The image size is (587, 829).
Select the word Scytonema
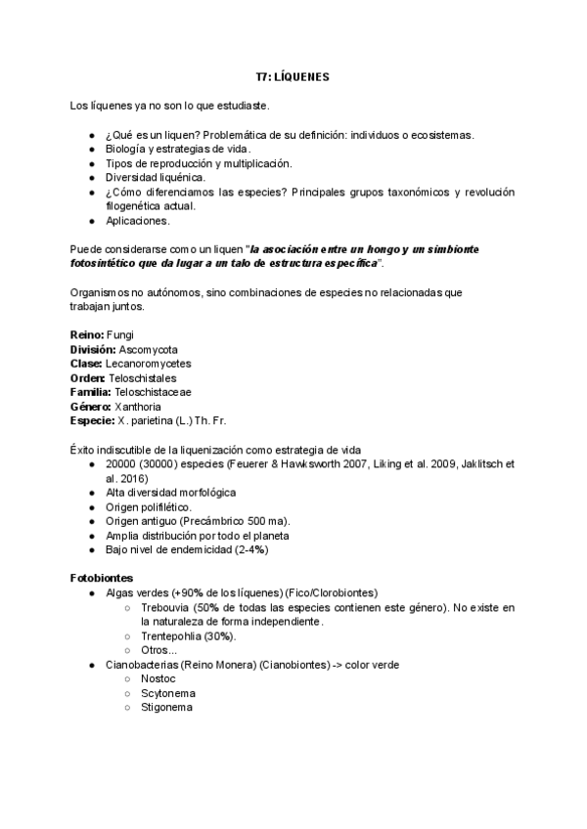(167, 692)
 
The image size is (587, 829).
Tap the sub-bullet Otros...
(159, 650)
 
